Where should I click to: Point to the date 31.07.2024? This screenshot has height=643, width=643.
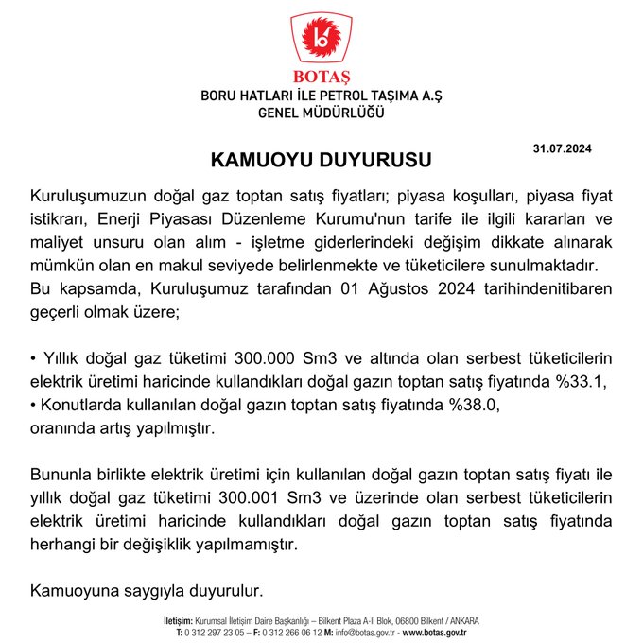pyautogui.click(x=562, y=148)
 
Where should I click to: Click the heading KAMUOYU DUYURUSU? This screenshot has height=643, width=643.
pyautogui.click(x=321, y=158)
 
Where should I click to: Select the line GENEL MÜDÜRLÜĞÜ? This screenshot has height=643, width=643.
pyautogui.click(x=321, y=113)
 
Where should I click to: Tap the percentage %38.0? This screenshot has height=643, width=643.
pyautogui.click(x=472, y=406)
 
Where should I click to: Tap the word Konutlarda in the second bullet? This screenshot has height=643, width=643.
pyautogui.click(x=82, y=406)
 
